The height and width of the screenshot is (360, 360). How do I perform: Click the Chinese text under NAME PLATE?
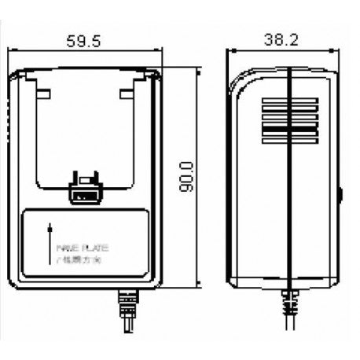click(x=78, y=257)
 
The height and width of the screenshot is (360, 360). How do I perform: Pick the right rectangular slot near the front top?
click(x=128, y=93)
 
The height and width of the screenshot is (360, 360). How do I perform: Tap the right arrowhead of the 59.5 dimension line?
click(x=161, y=51)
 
